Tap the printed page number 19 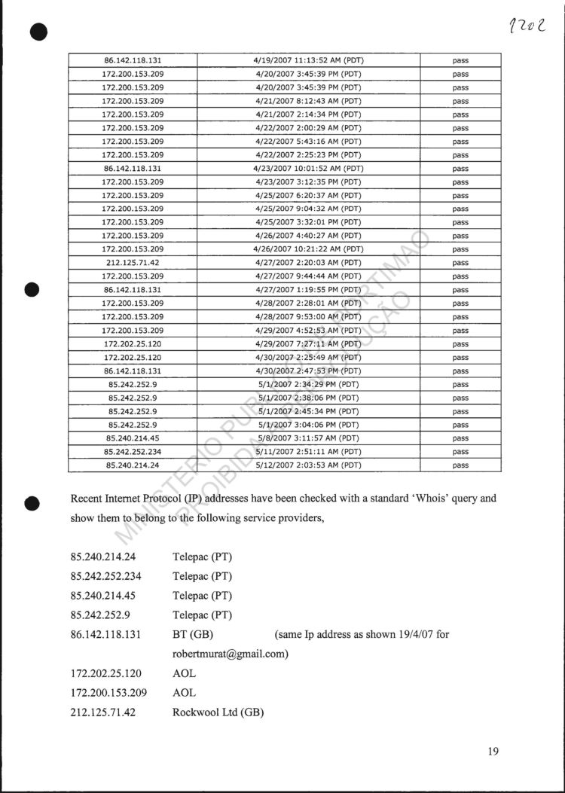tap(493, 750)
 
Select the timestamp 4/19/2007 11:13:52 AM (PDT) tap(308, 60)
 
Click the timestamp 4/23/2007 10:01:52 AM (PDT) tap(308, 169)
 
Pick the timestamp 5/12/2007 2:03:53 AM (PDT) tap(308, 465)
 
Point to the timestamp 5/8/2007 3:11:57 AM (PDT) tap(308, 438)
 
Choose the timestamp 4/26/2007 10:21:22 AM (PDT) tap(308, 249)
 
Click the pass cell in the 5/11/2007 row tap(460, 452)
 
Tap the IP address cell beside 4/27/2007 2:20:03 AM tap(133, 263)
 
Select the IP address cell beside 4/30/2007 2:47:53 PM tap(133, 371)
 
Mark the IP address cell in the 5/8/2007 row tap(133, 438)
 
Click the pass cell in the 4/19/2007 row tap(460, 60)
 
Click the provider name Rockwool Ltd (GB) tap(218, 712)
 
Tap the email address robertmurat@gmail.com tap(231, 654)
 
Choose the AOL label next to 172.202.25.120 tap(185, 673)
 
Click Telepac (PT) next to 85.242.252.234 tap(203, 576)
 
